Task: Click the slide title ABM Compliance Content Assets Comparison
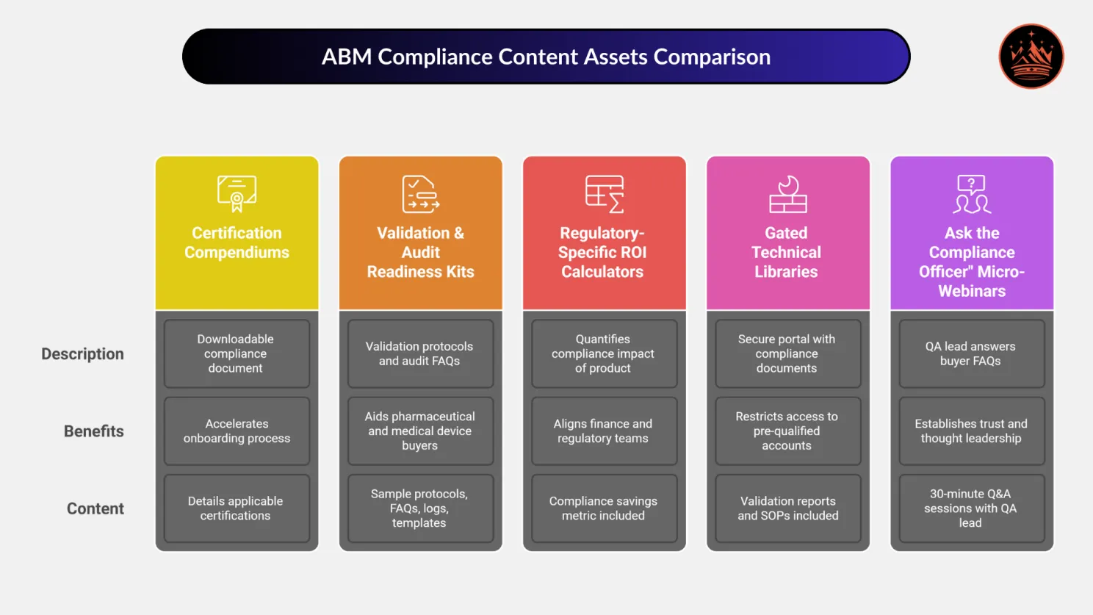pos(546,57)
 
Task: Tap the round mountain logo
pos(1031,57)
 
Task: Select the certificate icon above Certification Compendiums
pos(237,193)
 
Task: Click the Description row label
pos(82,354)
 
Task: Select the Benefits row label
pos(93,431)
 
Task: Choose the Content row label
pos(95,508)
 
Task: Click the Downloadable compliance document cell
pos(236,353)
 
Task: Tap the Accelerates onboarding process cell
pos(237,431)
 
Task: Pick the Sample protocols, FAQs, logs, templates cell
pos(419,508)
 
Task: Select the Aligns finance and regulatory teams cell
pos(603,431)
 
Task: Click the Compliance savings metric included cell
pos(603,508)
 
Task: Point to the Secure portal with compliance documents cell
pos(787,353)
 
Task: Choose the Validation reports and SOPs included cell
pos(787,508)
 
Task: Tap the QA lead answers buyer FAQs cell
pos(970,353)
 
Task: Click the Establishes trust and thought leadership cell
pos(971,431)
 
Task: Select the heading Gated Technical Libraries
pos(786,252)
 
